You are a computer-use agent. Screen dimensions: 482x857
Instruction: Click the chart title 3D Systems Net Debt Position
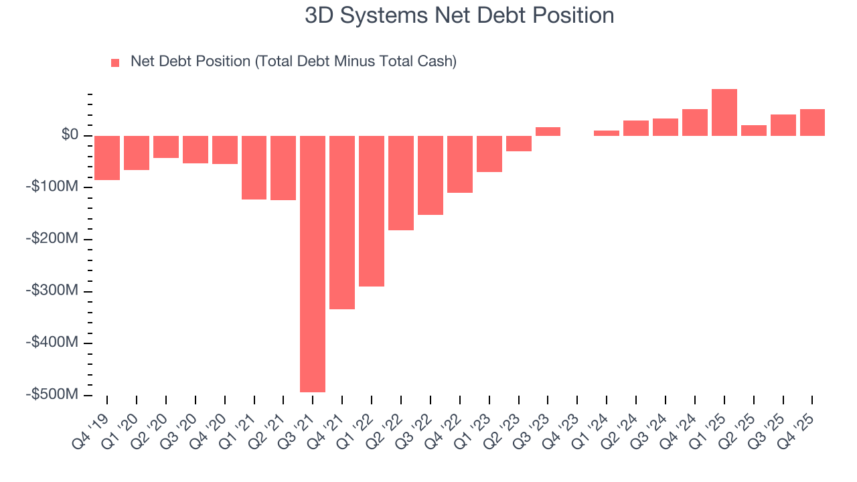(459, 15)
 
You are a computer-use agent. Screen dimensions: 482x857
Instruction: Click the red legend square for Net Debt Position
(115, 62)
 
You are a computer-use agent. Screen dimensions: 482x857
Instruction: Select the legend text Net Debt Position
(293, 62)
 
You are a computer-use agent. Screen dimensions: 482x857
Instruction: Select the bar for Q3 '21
(313, 264)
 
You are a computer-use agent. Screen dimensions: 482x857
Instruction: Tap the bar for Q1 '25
(724, 112)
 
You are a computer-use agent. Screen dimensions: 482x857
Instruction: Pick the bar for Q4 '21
(342, 222)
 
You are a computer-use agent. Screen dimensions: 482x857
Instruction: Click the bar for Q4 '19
(107, 158)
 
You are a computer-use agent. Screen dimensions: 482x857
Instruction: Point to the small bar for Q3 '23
(548, 132)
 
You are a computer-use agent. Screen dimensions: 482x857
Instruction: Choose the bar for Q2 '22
(401, 183)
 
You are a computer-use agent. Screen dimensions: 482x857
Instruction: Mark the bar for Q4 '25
(812, 123)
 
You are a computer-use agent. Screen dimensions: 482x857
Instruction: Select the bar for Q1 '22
(372, 211)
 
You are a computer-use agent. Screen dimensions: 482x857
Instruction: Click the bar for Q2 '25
(754, 131)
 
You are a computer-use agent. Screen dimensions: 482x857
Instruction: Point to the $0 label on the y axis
(70, 135)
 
